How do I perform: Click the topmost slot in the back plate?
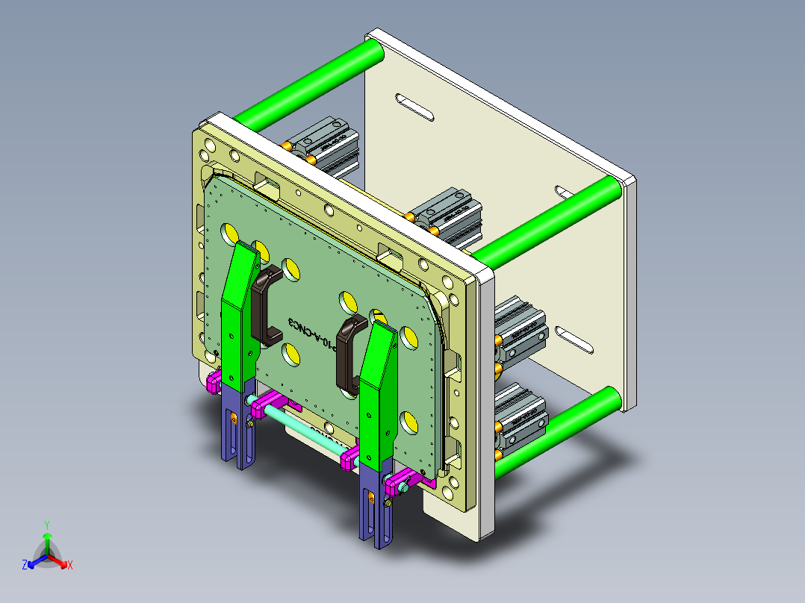414,107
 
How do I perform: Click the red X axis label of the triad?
70,566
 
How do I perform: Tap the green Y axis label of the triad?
47,525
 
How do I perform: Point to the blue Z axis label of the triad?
25,566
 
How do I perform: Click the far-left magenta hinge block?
214,384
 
